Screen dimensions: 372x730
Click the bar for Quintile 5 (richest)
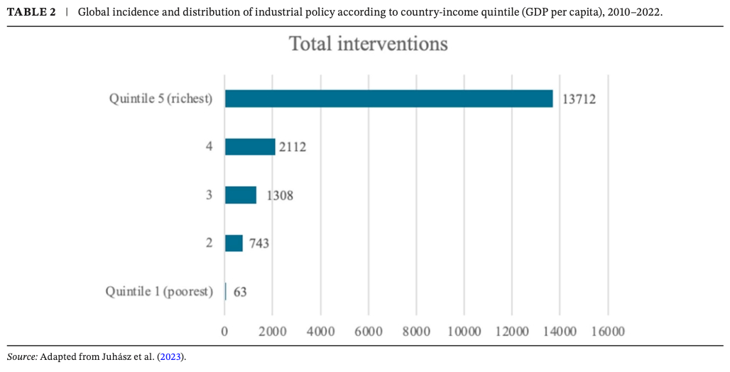(388, 99)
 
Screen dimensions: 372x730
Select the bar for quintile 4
(250, 147)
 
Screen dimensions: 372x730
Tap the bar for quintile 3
(241, 195)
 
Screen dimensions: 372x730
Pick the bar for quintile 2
(234, 243)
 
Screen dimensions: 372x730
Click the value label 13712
(579, 99)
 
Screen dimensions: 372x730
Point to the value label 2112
(292, 148)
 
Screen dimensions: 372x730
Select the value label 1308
(279, 195)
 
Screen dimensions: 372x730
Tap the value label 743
(258, 244)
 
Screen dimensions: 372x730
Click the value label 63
(240, 292)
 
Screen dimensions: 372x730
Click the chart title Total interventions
(369, 44)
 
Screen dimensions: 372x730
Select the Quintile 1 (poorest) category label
(159, 292)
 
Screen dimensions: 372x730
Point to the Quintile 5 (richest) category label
(160, 99)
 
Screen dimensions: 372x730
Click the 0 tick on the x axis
(225, 332)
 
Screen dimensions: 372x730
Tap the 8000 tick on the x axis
(416, 332)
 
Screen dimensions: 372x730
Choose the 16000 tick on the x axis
(607, 332)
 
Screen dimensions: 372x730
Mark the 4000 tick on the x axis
(320, 332)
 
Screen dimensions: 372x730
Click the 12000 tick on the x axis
(512, 332)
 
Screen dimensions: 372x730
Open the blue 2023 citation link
(171, 356)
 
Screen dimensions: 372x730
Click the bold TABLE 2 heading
(31, 13)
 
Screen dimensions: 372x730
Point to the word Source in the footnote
(21, 356)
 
